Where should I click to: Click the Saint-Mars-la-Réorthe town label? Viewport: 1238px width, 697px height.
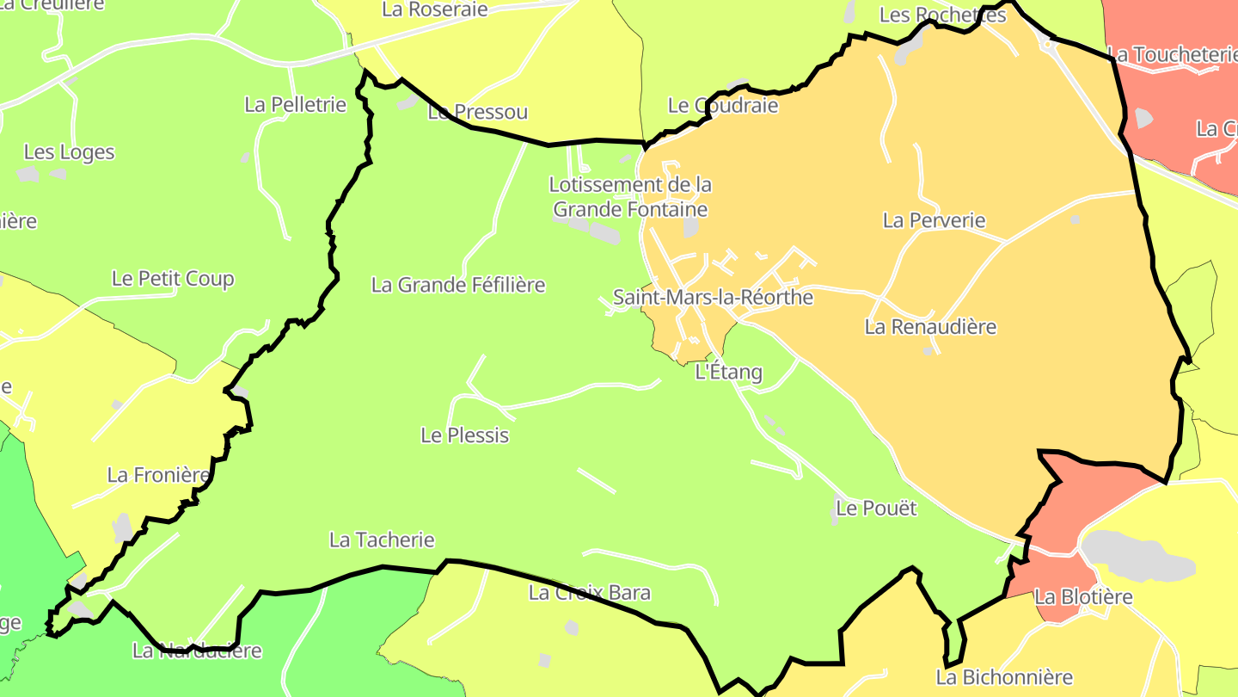click(x=713, y=298)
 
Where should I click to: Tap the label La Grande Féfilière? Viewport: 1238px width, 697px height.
click(x=458, y=285)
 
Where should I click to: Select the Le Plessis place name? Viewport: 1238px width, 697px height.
click(x=465, y=435)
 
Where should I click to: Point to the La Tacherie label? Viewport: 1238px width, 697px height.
click(x=382, y=540)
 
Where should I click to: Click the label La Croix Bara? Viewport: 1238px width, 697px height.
click(x=590, y=593)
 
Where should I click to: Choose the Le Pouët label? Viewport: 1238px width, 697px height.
click(x=876, y=509)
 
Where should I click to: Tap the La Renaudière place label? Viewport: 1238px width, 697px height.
click(x=930, y=327)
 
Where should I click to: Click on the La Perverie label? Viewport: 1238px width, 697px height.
click(x=935, y=220)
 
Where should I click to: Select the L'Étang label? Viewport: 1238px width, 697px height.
click(x=728, y=373)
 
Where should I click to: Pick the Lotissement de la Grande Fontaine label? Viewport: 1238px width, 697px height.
click(x=630, y=197)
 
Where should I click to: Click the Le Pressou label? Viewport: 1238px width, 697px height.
click(x=478, y=113)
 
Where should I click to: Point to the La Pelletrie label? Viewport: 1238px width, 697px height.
click(x=295, y=105)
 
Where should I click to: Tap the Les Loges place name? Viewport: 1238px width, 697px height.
click(x=69, y=152)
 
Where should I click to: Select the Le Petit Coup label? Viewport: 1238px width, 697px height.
click(x=173, y=279)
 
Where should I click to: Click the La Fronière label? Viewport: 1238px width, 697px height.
click(x=158, y=475)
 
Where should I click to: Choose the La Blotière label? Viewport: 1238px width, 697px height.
click(x=1083, y=597)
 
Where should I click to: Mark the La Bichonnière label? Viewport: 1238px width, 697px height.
click(x=1004, y=678)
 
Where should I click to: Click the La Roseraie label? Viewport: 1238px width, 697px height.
click(x=434, y=9)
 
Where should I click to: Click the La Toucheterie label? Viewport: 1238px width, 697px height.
click(x=1172, y=55)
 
